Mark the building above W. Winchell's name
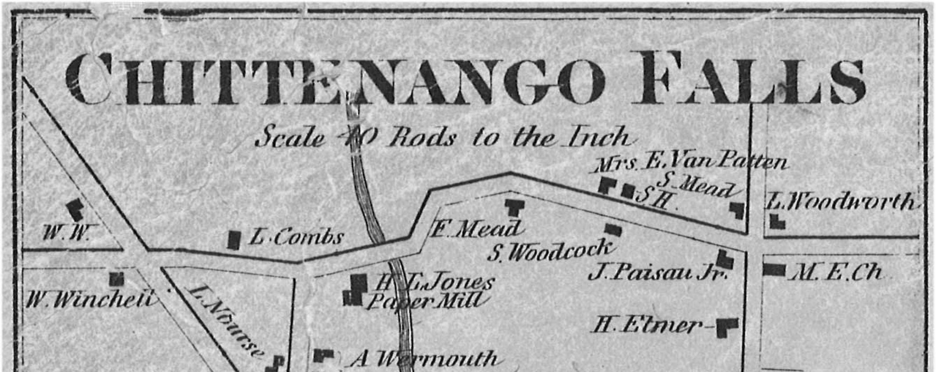coord(117,279)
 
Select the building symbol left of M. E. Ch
coord(774,270)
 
